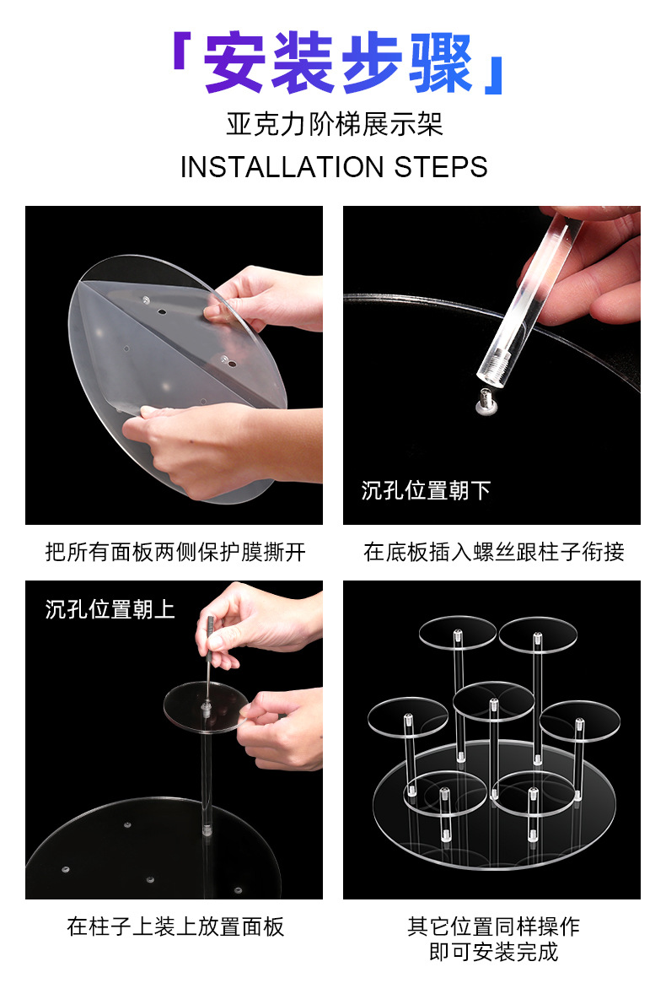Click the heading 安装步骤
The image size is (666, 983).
click(x=338, y=62)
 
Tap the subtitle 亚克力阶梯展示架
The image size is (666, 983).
click(x=335, y=124)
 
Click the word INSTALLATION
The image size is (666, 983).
click(x=282, y=167)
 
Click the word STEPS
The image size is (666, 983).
click(x=441, y=167)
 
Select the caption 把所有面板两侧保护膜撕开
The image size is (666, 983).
click(x=175, y=552)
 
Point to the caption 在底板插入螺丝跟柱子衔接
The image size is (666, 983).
click(x=494, y=552)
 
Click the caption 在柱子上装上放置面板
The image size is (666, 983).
click(x=175, y=926)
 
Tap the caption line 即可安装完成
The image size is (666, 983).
click(x=494, y=953)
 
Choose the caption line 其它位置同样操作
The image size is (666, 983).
click(x=494, y=926)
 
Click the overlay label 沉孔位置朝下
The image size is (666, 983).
click(x=426, y=490)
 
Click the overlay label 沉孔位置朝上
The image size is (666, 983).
click(x=110, y=608)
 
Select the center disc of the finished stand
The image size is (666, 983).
click(x=493, y=701)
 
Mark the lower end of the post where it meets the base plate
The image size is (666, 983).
click(x=207, y=831)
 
